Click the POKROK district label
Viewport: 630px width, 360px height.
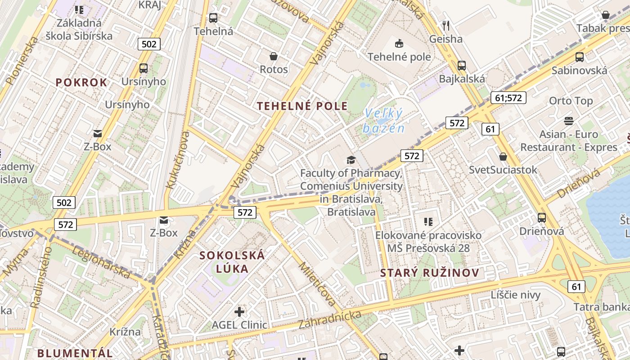[x=81, y=82]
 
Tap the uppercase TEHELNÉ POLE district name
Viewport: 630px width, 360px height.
[x=302, y=106]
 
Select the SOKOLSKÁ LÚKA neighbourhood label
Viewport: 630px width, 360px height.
[x=232, y=262]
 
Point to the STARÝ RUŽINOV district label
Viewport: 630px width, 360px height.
[x=429, y=273]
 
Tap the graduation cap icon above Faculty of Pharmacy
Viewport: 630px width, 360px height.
[x=351, y=160]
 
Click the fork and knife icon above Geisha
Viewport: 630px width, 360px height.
[x=446, y=25]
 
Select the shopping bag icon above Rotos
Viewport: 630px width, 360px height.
[x=273, y=56]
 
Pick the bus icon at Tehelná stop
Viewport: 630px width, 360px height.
[x=213, y=18]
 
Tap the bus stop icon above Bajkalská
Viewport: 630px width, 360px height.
[x=462, y=66]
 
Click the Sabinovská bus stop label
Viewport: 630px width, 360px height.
[x=579, y=70]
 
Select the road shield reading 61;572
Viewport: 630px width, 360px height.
[x=508, y=98]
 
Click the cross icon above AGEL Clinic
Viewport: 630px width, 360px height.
[x=239, y=311]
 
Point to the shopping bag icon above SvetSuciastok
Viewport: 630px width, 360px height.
[x=503, y=157]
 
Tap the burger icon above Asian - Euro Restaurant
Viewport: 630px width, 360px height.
[x=569, y=121]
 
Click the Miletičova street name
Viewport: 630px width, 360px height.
[x=318, y=283]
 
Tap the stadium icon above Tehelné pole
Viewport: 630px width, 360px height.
[x=399, y=44]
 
